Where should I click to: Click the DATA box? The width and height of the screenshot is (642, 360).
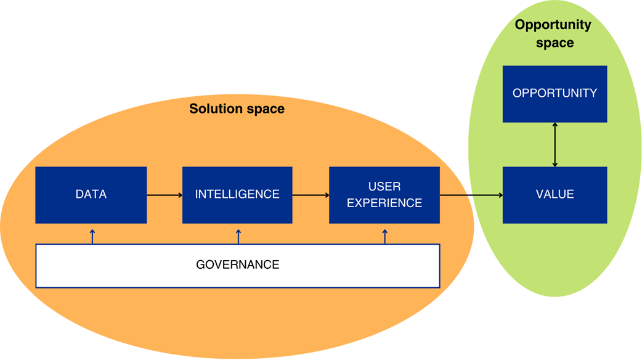91,195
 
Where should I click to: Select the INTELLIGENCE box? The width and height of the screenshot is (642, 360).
237,195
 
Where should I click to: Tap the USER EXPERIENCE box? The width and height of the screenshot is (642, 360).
384,195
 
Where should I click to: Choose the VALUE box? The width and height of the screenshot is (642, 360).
555,195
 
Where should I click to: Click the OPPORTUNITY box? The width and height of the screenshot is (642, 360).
555,94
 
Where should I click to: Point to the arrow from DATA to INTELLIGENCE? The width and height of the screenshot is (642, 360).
165,195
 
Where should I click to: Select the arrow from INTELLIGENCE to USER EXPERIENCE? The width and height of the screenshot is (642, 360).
311,195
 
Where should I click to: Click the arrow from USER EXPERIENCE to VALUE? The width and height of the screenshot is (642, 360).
471,195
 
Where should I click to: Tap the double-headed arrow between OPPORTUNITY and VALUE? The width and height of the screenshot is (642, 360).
555,144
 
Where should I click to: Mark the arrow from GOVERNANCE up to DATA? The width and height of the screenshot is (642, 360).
92,236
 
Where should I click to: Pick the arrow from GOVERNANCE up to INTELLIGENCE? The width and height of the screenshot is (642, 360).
238,236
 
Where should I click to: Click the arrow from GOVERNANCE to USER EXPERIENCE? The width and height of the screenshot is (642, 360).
385,236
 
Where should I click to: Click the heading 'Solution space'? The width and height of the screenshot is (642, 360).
237,109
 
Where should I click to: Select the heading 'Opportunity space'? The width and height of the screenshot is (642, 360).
553,34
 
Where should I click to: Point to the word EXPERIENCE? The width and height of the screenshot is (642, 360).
384,203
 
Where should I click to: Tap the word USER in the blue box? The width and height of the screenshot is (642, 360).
384,187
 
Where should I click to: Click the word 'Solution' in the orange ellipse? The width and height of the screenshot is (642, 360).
214,109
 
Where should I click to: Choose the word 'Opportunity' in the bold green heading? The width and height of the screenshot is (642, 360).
553,25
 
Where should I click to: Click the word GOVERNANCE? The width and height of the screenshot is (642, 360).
237,266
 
